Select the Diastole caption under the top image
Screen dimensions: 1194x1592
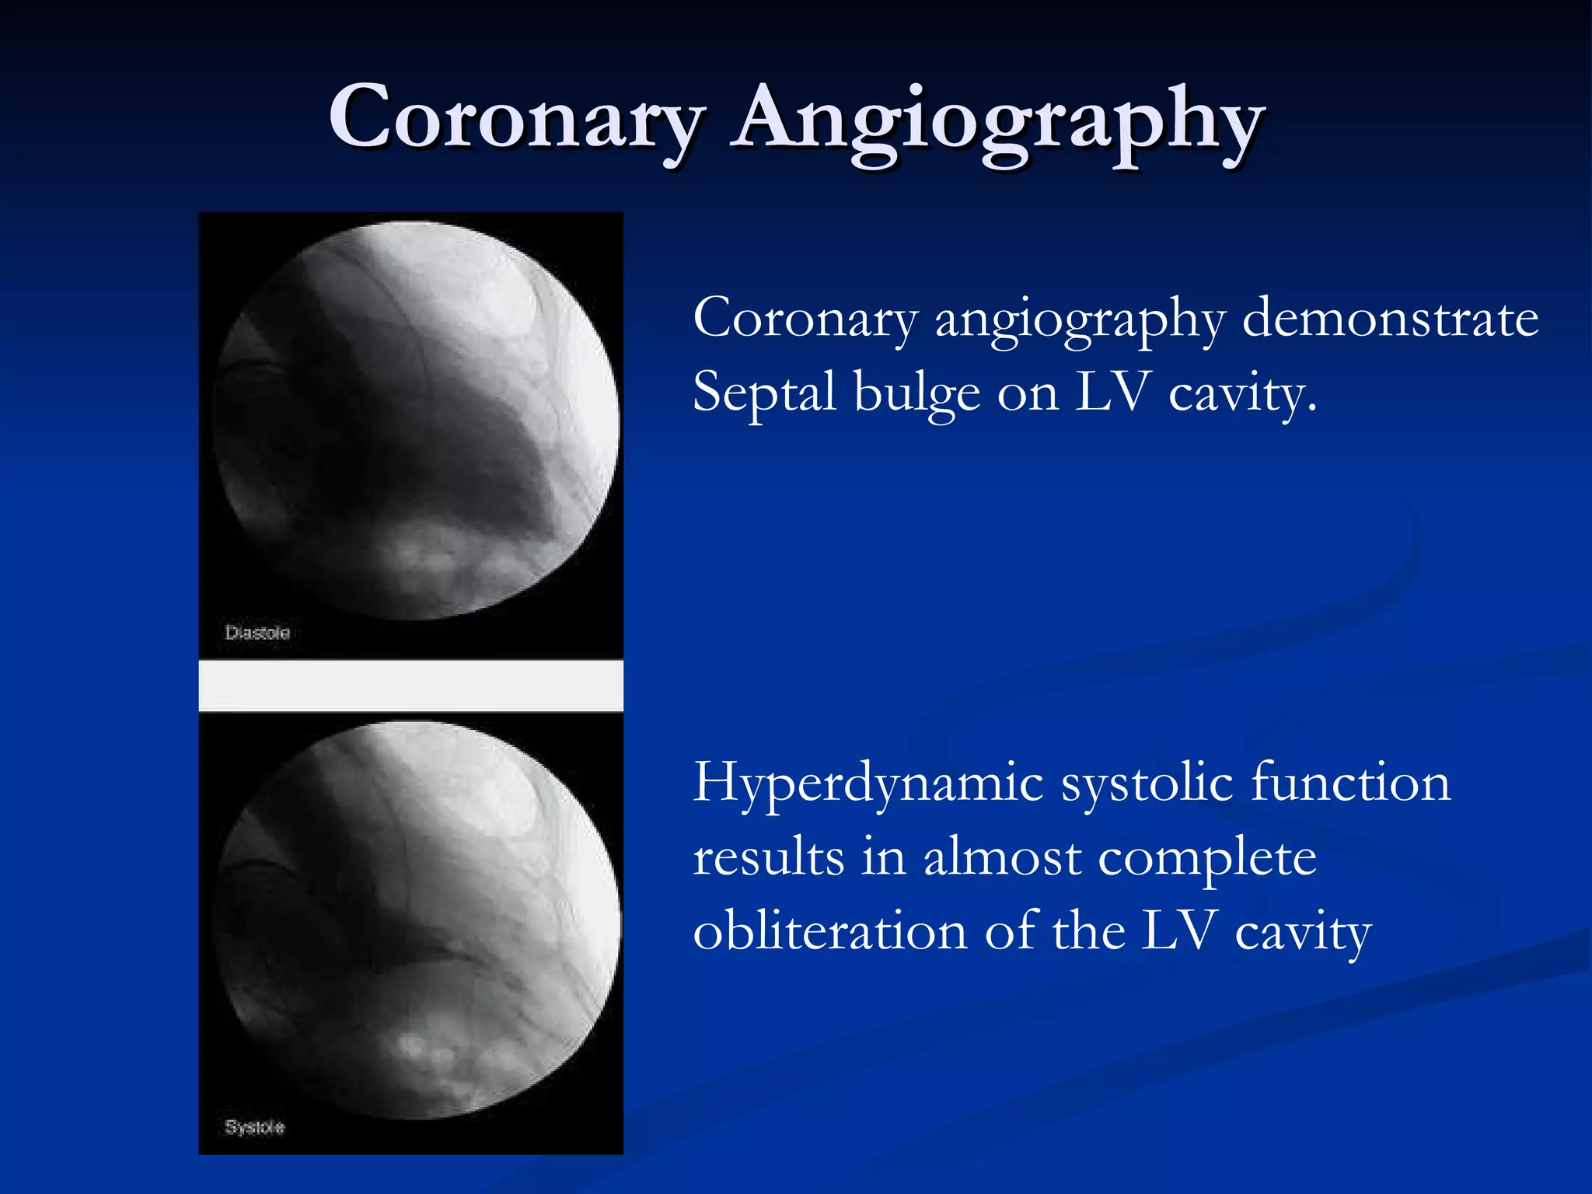[257, 633]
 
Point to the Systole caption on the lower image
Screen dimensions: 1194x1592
[255, 1127]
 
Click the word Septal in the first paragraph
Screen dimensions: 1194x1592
[763, 393]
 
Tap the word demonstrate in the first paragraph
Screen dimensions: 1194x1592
[1390, 319]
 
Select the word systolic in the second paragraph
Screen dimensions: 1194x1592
[1147, 782]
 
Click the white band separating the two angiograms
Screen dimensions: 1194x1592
[410, 686]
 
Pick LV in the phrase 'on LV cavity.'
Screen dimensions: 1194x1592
[1112, 393]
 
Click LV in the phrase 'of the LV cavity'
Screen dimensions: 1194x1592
[1178, 931]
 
